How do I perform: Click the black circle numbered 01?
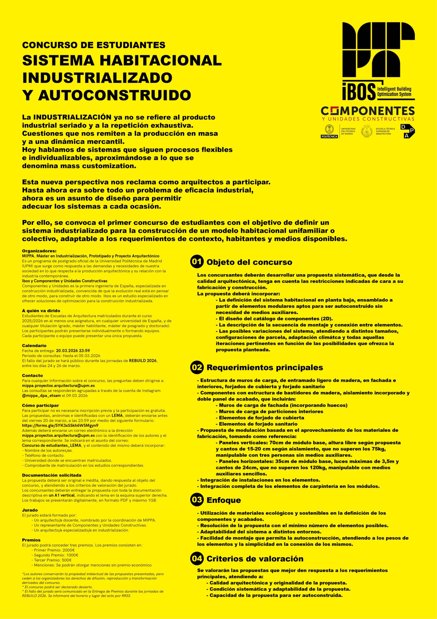click(197, 262)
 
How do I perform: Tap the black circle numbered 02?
click(197, 367)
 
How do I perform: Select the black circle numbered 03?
click(197, 500)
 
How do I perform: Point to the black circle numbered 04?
click(197, 558)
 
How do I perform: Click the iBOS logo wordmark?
click(359, 91)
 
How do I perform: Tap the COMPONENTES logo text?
click(368, 111)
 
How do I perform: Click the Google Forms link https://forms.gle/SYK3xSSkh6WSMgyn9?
click(60, 425)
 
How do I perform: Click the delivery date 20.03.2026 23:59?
click(73, 350)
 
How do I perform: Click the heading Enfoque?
click(224, 500)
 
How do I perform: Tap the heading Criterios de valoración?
click(255, 558)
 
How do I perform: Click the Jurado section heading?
click(30, 510)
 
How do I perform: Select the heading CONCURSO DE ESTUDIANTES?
click(94, 45)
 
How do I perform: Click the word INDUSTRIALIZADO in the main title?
click(97, 78)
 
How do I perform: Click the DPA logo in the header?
click(407, 131)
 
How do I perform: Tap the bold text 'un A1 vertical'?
click(62, 495)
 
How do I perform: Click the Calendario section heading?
click(34, 345)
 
